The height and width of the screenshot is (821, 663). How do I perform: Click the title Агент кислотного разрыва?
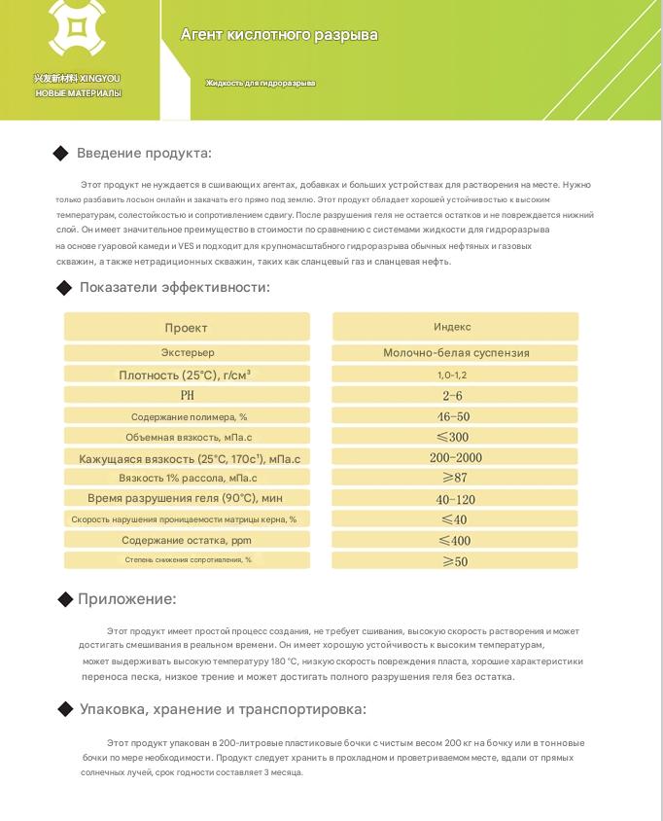[279, 35]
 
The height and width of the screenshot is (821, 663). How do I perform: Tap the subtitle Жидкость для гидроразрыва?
[261, 84]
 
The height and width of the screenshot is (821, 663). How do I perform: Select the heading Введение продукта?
[144, 153]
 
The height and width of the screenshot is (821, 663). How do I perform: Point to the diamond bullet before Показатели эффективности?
[64, 287]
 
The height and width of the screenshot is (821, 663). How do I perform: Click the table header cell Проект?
[186, 328]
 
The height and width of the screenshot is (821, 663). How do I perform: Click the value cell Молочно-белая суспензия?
[455, 353]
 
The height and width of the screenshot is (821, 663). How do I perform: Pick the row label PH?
[187, 396]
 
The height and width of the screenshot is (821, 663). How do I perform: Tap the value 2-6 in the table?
[453, 396]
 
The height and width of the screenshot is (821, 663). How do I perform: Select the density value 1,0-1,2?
[452, 375]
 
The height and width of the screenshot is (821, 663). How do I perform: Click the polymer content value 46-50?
[453, 416]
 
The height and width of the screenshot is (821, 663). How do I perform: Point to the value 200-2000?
[454, 457]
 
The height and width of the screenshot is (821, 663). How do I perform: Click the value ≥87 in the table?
[454, 478]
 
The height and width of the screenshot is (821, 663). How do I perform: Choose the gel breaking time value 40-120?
[455, 499]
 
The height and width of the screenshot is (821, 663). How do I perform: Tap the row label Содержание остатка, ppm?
[188, 540]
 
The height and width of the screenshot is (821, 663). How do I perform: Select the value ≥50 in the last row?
[454, 561]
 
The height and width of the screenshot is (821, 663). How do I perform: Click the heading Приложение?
[126, 599]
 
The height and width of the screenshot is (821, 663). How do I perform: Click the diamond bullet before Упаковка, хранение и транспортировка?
[65, 709]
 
